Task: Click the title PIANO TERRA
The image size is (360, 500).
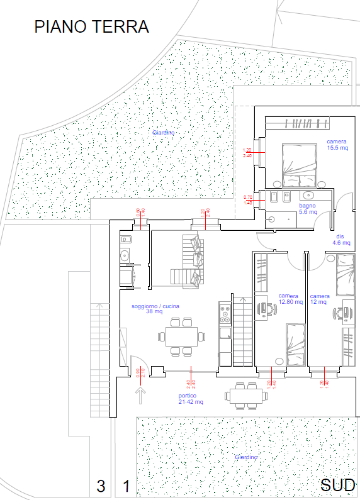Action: click(91, 27)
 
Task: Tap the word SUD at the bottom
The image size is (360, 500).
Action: click(339, 486)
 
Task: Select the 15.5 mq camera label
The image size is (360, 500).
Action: click(337, 145)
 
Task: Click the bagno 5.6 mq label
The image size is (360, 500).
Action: click(308, 209)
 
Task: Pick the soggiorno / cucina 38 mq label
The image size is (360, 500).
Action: click(155, 309)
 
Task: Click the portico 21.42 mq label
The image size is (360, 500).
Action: click(190, 399)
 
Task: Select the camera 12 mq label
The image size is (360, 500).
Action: click(320, 299)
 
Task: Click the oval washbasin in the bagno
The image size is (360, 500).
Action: click(308, 196)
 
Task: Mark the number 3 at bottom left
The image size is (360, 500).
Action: click(101, 486)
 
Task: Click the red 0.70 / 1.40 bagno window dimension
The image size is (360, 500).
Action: click(248, 200)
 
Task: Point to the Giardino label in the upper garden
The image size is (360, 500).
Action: click(163, 133)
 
